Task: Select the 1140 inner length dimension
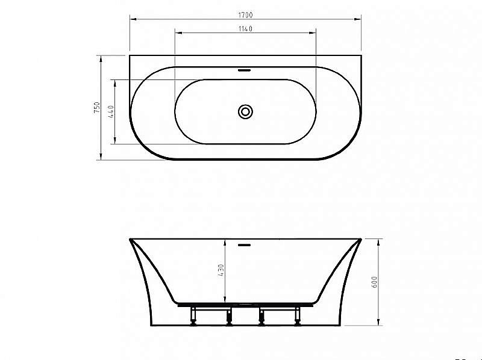[245, 28]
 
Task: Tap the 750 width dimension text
[96, 108]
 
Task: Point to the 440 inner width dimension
[111, 111]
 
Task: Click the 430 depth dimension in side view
[221, 270]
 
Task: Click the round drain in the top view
[245, 111]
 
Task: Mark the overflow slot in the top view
[245, 70]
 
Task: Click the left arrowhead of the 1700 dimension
[132, 18]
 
